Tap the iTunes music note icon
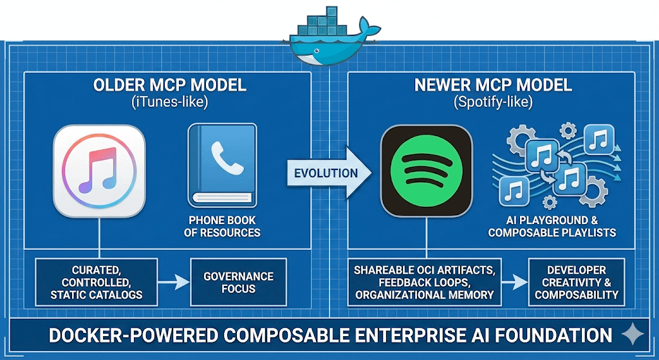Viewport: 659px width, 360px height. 99,171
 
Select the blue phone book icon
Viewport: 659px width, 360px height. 222,166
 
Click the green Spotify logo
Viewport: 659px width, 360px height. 427,171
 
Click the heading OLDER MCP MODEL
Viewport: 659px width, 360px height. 170,86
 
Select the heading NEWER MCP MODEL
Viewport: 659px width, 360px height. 493,86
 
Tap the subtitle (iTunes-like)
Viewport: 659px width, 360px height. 170,102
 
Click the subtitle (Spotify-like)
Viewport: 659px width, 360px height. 493,102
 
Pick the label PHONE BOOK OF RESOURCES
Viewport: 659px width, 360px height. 222,226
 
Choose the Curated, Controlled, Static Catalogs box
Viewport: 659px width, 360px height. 97,282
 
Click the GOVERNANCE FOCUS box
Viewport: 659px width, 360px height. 238,282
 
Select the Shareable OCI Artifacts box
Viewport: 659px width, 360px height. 425,282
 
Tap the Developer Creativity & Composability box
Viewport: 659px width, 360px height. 577,282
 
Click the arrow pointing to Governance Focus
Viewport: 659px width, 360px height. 174,282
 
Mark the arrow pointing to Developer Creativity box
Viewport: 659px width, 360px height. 515,282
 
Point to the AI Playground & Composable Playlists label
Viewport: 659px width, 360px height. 552,226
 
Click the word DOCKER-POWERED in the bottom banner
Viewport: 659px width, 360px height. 134,336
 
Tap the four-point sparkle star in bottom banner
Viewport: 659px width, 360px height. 633,334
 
